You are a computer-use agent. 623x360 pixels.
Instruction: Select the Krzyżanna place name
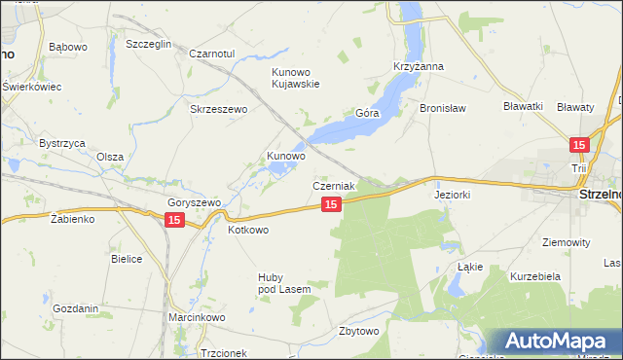tap(419, 66)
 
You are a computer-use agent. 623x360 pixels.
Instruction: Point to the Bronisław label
tap(444, 108)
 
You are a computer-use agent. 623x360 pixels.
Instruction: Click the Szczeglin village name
tap(149, 45)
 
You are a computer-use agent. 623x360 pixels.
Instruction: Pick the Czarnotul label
tap(212, 54)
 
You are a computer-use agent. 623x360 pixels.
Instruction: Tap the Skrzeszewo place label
tap(219, 109)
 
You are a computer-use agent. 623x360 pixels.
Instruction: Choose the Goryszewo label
tap(195, 202)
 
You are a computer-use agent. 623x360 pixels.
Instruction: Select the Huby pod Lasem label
tap(283, 282)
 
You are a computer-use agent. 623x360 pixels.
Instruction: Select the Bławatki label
tap(523, 106)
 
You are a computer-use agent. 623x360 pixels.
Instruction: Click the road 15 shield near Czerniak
tap(332, 204)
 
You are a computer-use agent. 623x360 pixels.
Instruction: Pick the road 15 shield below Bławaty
tap(580, 145)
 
